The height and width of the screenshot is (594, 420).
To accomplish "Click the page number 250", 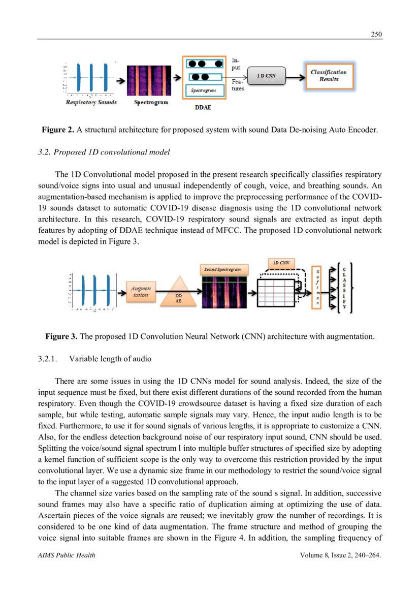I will coord(376,34).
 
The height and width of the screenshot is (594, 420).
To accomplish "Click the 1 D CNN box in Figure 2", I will coord(266,75).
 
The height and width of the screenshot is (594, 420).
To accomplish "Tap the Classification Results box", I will coord(329,75).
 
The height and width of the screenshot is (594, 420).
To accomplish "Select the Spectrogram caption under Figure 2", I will coord(151,102).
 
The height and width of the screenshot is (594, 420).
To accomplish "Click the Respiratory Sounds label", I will coord(91,102).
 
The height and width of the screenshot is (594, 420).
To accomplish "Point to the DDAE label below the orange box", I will coord(203,108).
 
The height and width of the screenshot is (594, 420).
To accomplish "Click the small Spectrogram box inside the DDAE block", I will coord(203,90).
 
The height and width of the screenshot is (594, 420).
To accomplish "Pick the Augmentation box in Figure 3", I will coord(141,291).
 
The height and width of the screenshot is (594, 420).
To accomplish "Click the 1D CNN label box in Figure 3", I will coord(281,263).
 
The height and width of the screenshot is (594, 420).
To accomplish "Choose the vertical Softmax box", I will coord(317,288).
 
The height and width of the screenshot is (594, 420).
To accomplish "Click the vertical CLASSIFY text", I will coord(345,288).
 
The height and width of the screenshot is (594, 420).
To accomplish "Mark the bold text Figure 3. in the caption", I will coord(61,336).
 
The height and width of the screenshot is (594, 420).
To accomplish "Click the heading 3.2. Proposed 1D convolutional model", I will coord(104,152).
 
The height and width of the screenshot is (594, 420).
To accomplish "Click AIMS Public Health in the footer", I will coord(67,555).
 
